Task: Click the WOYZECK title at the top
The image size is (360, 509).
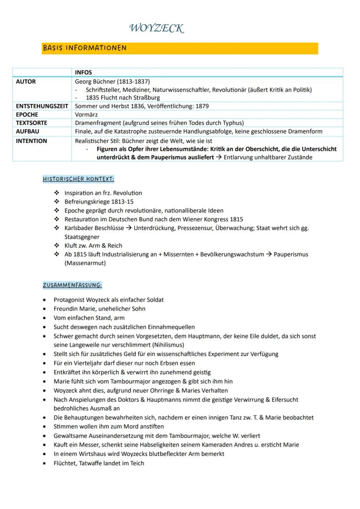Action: tap(157, 29)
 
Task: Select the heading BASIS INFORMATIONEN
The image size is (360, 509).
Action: tap(84, 48)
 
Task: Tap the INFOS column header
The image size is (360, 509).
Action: tap(83, 73)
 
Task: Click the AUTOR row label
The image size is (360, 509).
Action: tap(26, 81)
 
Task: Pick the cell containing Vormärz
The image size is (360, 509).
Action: tap(87, 114)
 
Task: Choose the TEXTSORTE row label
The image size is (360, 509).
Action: tap(31, 123)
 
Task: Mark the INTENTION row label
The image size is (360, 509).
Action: tap(31, 141)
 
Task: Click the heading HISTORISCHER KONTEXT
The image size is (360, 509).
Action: tap(78, 179)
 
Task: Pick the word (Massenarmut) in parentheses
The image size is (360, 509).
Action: tap(85, 263)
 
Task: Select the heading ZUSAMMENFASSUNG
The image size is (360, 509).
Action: tap(72, 285)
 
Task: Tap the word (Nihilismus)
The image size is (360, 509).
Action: tap(162, 345)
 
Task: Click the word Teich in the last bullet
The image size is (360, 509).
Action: tap(137, 463)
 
